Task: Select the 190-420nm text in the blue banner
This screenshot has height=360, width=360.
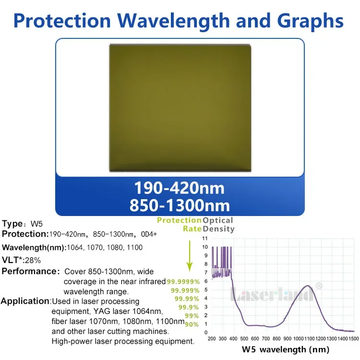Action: [180, 187]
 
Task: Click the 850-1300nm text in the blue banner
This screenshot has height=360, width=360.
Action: [180, 205]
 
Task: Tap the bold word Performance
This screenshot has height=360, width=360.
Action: [30, 271]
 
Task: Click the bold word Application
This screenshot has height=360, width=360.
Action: [25, 301]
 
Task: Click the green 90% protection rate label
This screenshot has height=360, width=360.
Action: [192, 324]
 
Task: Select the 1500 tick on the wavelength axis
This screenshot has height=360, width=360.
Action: [354, 338]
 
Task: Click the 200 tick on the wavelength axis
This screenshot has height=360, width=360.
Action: [212, 338]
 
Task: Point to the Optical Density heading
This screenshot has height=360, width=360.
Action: [219, 225]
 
